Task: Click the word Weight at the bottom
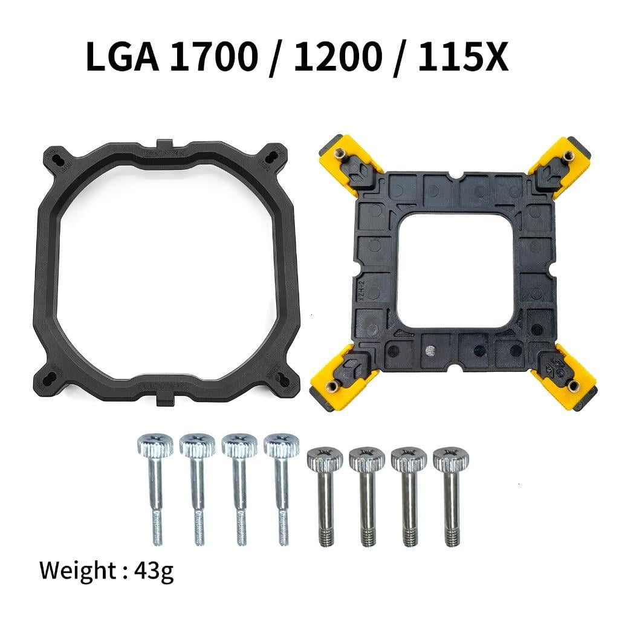(79, 570)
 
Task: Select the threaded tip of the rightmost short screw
(451, 534)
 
